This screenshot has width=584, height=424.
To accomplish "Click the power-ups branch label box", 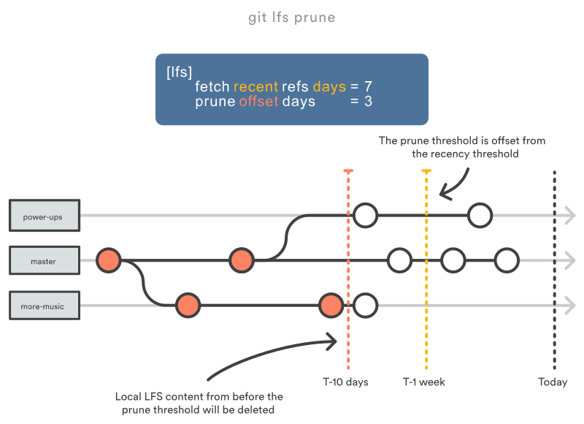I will click(45, 216).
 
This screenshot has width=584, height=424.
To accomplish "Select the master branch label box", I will click(45, 261).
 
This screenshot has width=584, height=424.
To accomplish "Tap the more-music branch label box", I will click(45, 306).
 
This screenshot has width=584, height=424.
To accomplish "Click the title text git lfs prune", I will click(292, 17).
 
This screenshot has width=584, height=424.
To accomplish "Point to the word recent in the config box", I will click(255, 87).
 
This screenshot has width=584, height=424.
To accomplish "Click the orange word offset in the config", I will click(258, 102).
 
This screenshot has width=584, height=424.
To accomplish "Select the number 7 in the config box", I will click(368, 87).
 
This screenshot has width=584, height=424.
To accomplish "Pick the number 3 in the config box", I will click(368, 102).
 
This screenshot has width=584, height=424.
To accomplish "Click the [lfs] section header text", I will click(179, 72).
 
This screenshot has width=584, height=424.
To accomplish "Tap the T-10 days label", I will click(345, 382).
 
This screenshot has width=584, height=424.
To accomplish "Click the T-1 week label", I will click(424, 382).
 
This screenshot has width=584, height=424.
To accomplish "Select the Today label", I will click(553, 382).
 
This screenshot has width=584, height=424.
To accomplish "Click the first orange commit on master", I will click(109, 260).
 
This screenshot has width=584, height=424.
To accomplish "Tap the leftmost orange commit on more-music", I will click(188, 305).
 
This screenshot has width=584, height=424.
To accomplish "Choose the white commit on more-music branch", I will click(366, 305).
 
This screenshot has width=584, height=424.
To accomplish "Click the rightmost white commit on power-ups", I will click(480, 215).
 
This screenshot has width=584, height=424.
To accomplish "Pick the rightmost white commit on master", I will click(506, 260).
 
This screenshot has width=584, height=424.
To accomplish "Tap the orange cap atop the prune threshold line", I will click(348, 171).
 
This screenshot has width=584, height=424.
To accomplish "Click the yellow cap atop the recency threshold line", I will click(426, 171).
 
